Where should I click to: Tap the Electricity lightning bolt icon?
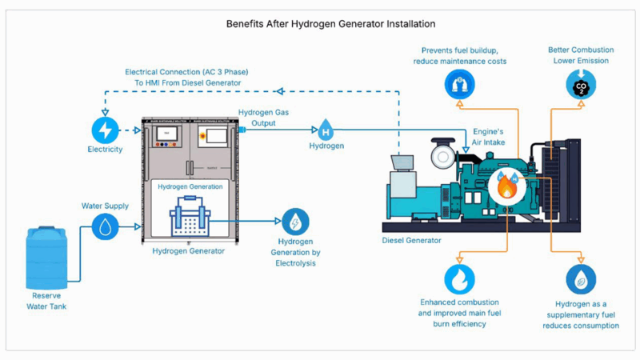105,130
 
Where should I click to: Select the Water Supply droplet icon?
105,226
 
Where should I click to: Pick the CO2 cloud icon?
581,83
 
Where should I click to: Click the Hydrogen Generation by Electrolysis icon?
295,222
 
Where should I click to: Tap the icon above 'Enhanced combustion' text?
459,279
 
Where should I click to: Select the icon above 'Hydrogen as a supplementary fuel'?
581,279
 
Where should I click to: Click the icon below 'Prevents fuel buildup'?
459,83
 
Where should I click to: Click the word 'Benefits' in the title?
246,25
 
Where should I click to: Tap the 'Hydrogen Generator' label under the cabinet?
189,251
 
